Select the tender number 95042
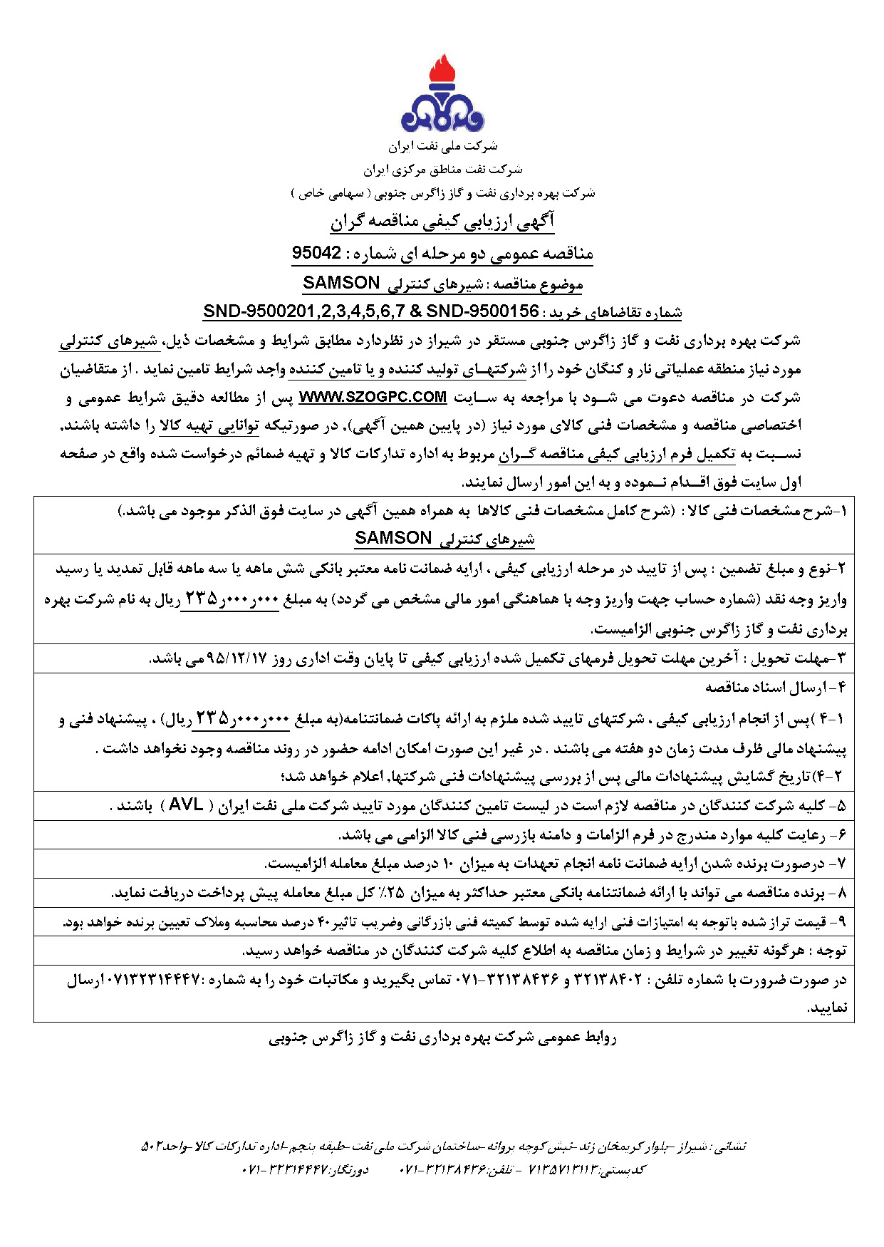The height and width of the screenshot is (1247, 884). pos(316,254)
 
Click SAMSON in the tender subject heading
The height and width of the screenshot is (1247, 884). pos(341,283)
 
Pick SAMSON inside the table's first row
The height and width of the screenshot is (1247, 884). pos(393,538)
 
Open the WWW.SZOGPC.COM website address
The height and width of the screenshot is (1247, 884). pos(373,397)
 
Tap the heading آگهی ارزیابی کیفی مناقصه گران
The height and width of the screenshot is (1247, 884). pos(442,222)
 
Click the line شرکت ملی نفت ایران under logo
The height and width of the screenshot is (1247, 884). pos(442,147)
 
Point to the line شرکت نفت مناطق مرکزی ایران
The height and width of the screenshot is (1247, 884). pos(442,170)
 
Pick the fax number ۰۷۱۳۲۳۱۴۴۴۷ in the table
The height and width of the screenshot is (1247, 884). pos(152,980)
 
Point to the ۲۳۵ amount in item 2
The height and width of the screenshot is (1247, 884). pos(202,599)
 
